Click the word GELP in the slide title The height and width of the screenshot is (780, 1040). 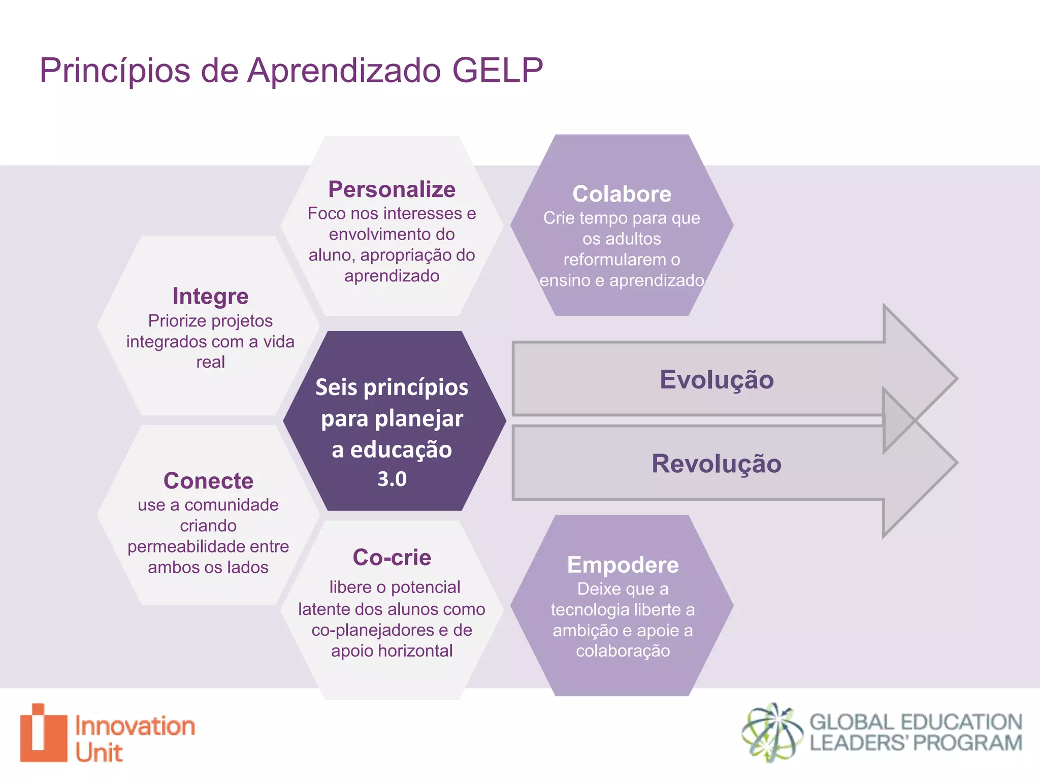497,70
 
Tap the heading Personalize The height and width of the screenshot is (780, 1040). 392,189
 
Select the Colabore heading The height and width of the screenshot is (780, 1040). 622,194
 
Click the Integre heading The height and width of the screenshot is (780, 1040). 210,296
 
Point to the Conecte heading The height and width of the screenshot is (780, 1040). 208,481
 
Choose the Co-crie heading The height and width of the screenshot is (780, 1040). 392,558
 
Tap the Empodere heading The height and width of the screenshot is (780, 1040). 623,565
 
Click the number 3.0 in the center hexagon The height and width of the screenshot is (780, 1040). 392,479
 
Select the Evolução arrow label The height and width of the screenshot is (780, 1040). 717,379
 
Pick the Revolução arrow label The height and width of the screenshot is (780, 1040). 717,464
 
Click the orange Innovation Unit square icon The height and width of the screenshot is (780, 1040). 44,733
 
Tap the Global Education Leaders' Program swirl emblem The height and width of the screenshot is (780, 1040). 771,732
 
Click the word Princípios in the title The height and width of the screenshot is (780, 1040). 115,70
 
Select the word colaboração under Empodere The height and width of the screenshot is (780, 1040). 623,651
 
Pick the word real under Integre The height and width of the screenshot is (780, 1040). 210,362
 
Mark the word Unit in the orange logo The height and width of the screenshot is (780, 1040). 99,753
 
